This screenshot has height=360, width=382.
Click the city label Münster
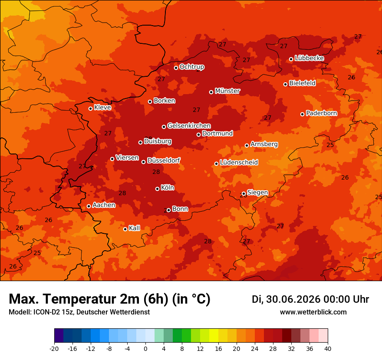click(x=227, y=91)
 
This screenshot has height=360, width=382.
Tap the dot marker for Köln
click(x=158, y=189)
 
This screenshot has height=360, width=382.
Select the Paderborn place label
click(x=321, y=113)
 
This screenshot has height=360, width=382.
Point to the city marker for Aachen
click(x=89, y=206)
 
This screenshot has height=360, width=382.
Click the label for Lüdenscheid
click(x=239, y=162)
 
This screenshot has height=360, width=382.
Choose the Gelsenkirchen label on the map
click(x=189, y=126)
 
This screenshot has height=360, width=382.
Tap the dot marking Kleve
click(x=90, y=108)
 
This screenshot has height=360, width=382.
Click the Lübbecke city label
click(x=309, y=58)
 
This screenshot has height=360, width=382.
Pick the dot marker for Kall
click(x=125, y=229)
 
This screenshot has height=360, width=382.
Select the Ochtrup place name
click(x=192, y=67)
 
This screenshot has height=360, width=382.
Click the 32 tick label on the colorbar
click(x=291, y=349)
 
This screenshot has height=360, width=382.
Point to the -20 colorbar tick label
click(x=54, y=349)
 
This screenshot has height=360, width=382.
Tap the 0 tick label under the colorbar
click(x=145, y=349)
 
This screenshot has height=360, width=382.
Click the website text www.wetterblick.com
click(x=313, y=312)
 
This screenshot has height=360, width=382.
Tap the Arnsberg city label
click(x=264, y=144)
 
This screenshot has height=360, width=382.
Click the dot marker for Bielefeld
click(x=285, y=84)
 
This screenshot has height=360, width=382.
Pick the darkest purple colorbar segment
click(x=59, y=335)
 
